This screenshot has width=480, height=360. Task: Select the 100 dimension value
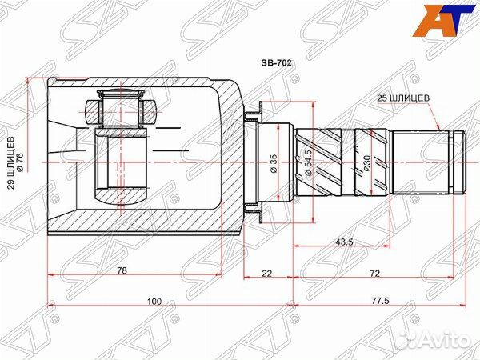click(x=154, y=302)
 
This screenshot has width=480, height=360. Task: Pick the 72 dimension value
click(x=374, y=273)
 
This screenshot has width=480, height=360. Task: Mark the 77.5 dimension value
click(x=380, y=302)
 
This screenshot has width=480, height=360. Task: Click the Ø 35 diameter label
click(x=274, y=162)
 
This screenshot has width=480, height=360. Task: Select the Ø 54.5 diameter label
click(x=307, y=162)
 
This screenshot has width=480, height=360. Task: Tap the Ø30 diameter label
click(x=367, y=162)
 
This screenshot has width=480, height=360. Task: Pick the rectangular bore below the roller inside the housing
click(x=120, y=168)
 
